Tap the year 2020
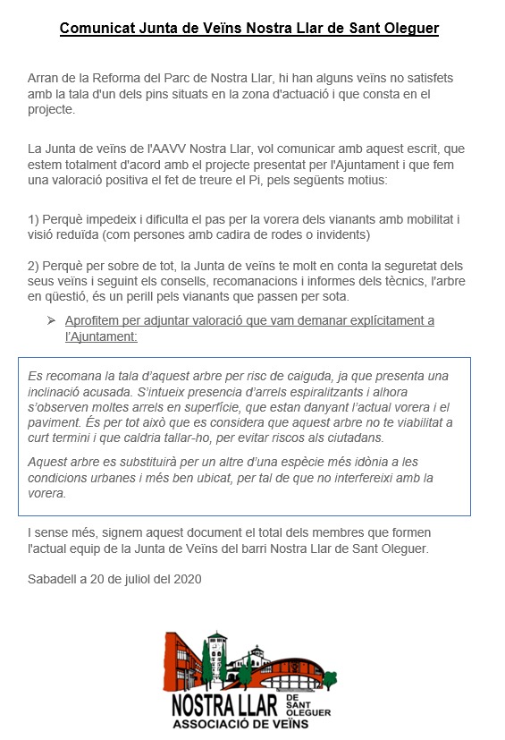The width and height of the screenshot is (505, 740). click(x=186, y=578)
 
